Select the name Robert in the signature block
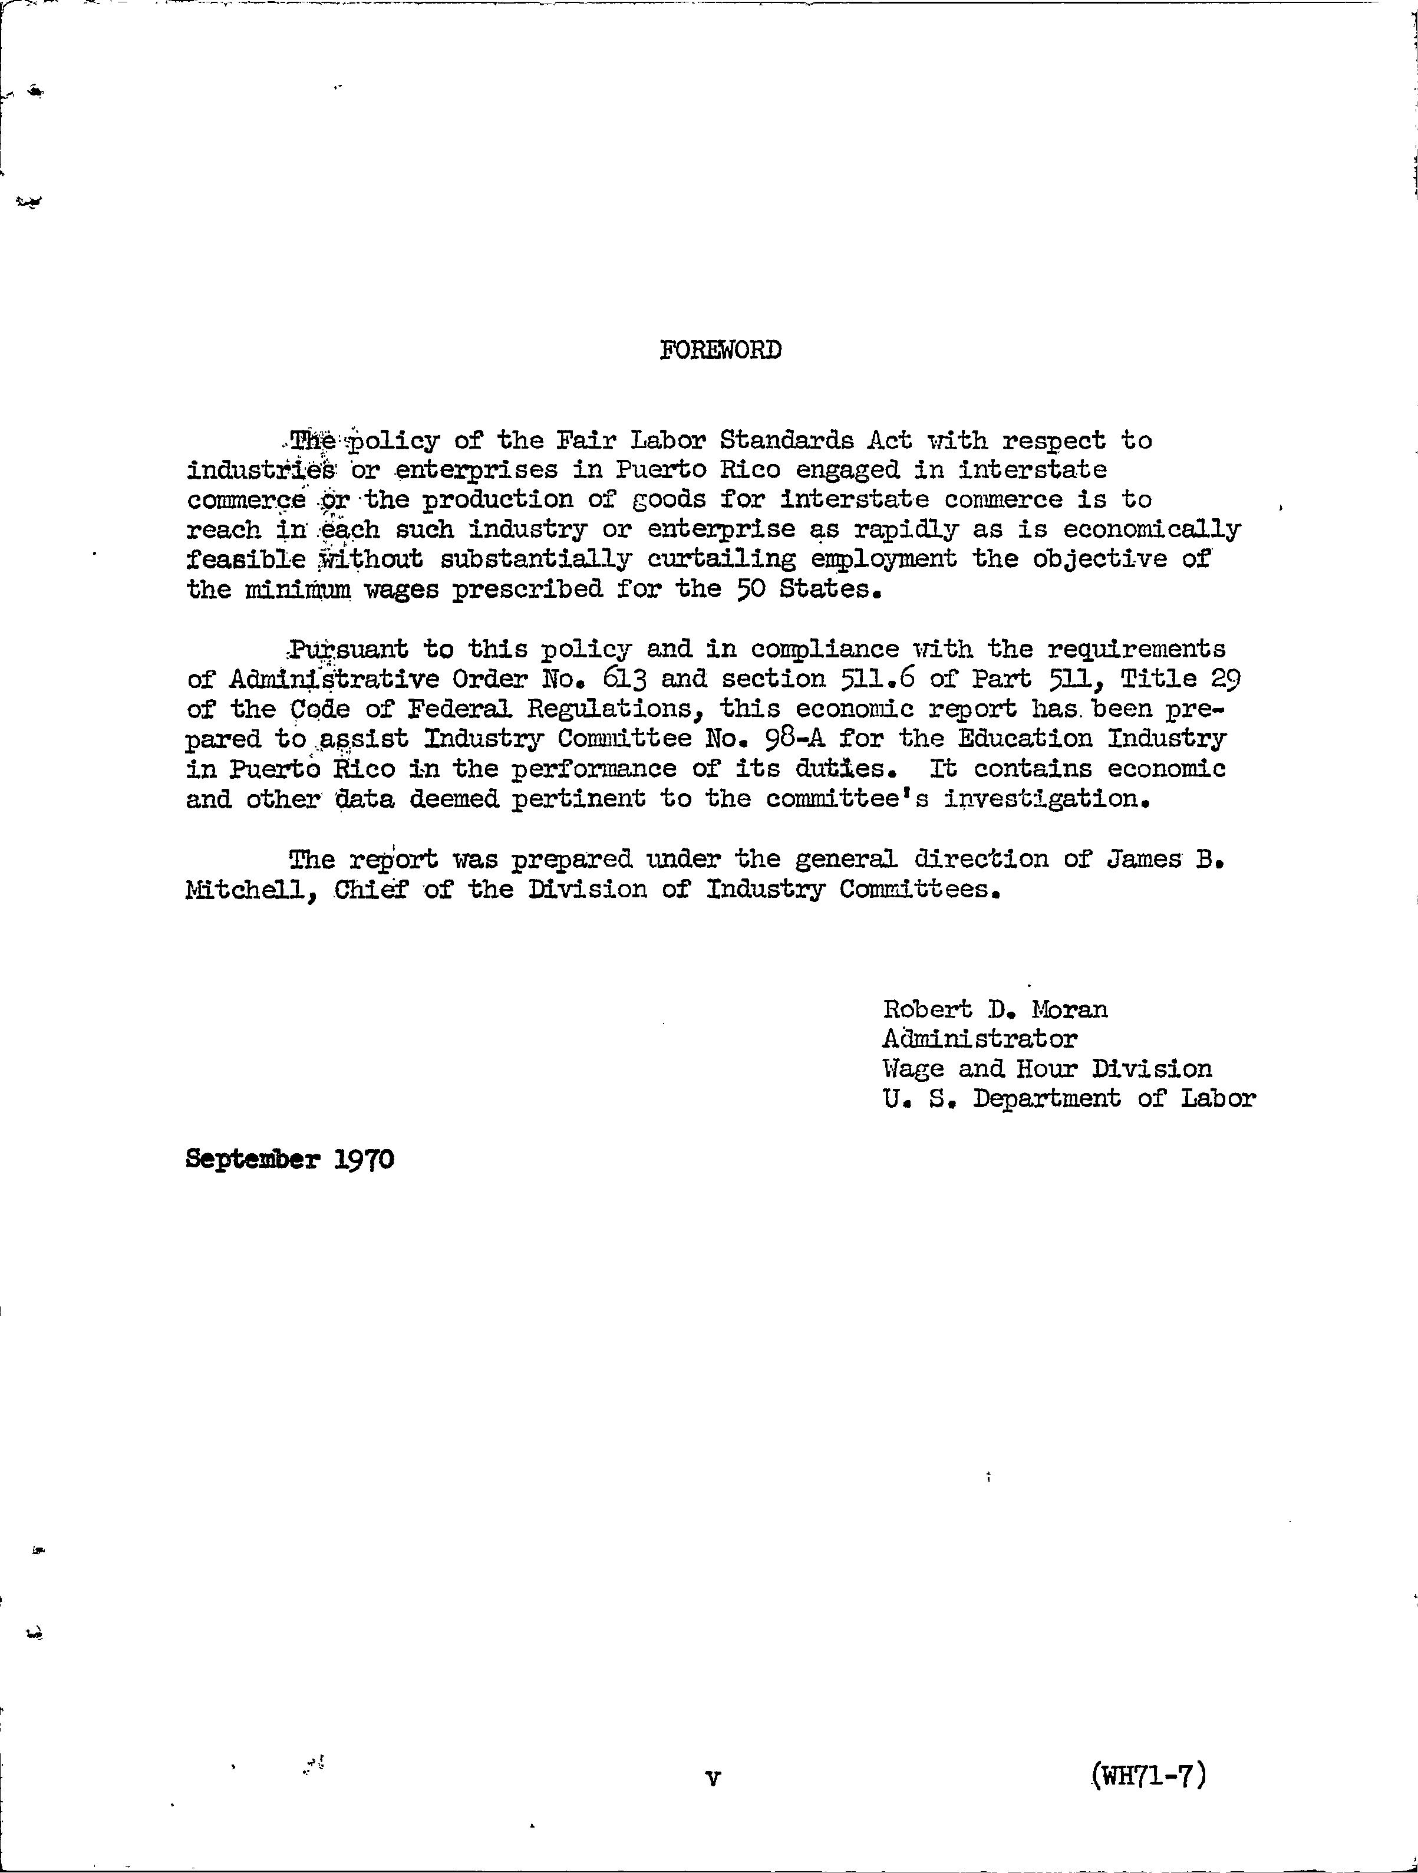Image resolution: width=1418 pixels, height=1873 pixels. point(926,1009)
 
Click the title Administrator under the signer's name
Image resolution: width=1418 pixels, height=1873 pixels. point(980,1039)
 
